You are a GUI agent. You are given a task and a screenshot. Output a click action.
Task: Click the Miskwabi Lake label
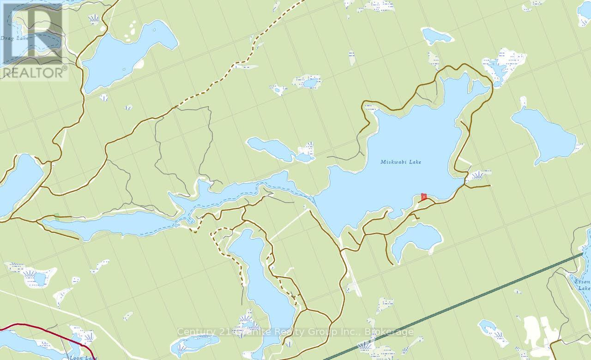click(401, 162)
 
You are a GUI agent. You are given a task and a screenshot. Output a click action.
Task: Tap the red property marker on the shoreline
click(424, 197)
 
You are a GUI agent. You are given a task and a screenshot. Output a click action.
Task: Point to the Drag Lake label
click(14, 38)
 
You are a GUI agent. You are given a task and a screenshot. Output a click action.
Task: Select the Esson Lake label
click(584, 284)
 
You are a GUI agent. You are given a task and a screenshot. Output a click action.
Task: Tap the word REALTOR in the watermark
click(33, 72)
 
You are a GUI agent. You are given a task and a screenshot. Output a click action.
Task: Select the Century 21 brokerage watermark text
click(295, 331)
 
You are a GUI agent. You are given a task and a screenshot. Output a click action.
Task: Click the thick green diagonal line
click(462, 305)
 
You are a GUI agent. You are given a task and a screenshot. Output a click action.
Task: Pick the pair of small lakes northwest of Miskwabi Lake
click(277, 150)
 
